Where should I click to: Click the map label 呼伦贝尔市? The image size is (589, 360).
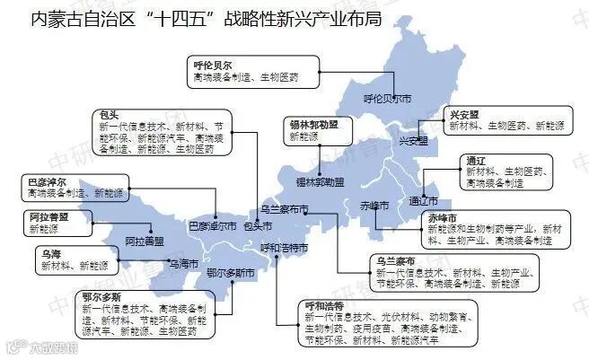click(387, 98)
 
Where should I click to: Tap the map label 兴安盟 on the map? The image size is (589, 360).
click(412, 141)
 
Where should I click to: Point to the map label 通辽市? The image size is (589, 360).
click(422, 200)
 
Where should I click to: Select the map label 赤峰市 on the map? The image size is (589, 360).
click(374, 206)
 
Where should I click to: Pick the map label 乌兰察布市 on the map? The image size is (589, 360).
click(284, 210)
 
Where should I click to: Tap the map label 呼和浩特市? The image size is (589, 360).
click(284, 247)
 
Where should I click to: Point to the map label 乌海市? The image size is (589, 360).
click(181, 264)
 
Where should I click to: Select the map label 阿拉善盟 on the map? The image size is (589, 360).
click(144, 241)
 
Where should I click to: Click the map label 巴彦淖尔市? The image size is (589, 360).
click(212, 225)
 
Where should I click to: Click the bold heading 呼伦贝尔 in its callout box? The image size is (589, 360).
click(213, 66)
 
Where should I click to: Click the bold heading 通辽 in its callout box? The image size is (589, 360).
click(476, 161)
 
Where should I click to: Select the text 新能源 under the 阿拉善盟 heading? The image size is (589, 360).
click(41, 230)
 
